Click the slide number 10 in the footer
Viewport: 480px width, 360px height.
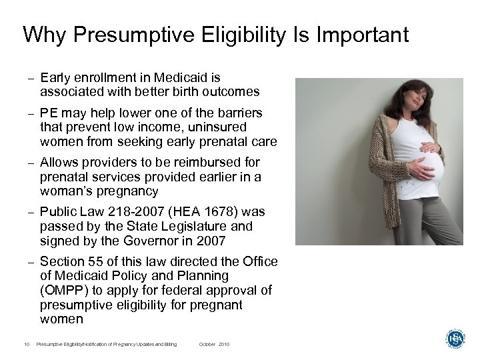[25, 344]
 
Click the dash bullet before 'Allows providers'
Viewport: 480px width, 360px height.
[31, 163]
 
